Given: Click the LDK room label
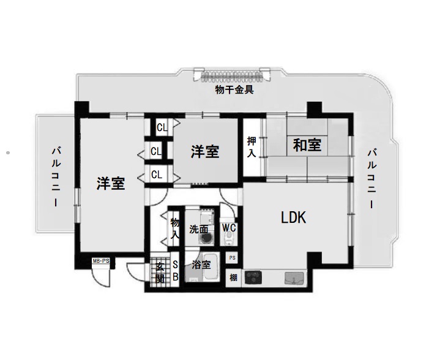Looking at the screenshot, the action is [293, 217].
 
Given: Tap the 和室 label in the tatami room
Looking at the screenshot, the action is [307, 144].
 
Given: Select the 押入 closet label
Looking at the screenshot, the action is [252, 147].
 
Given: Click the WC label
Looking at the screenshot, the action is [229, 228].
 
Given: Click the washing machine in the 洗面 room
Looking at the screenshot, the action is [206, 238].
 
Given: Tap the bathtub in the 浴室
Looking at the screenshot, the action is [211, 267].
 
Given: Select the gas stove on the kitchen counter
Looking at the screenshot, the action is [253, 277].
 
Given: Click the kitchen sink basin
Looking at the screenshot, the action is [294, 279].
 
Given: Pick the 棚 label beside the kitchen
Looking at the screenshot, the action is [233, 277].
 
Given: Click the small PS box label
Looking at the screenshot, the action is [233, 258].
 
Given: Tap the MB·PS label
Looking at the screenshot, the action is [101, 261].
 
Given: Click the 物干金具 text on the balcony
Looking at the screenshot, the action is [234, 90].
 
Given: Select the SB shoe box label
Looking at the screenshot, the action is [176, 271].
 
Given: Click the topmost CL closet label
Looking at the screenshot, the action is [162, 127].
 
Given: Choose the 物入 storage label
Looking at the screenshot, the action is [175, 228].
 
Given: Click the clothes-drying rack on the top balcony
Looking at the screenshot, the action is [232, 75].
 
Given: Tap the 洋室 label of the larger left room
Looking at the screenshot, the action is [111, 184].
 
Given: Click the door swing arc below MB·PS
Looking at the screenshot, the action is [101, 278].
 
